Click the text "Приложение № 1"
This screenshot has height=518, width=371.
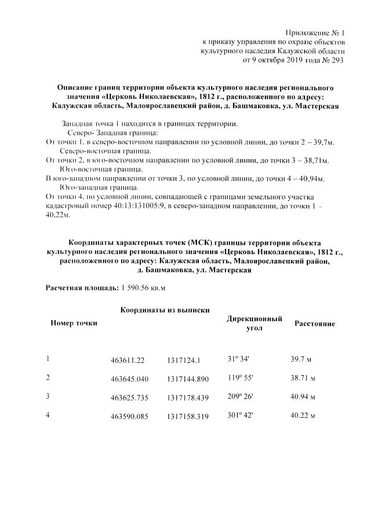pos(315,32)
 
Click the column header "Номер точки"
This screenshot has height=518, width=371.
pos(74,323)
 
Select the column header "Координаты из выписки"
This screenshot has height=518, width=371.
pos(165,311)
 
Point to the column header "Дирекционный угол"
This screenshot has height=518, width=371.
pos(254,323)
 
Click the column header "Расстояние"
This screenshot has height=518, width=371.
pos(315,324)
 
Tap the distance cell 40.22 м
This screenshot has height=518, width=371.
pos(302,416)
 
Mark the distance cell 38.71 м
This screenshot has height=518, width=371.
pos(302,379)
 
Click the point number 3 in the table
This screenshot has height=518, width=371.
pos(48,396)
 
